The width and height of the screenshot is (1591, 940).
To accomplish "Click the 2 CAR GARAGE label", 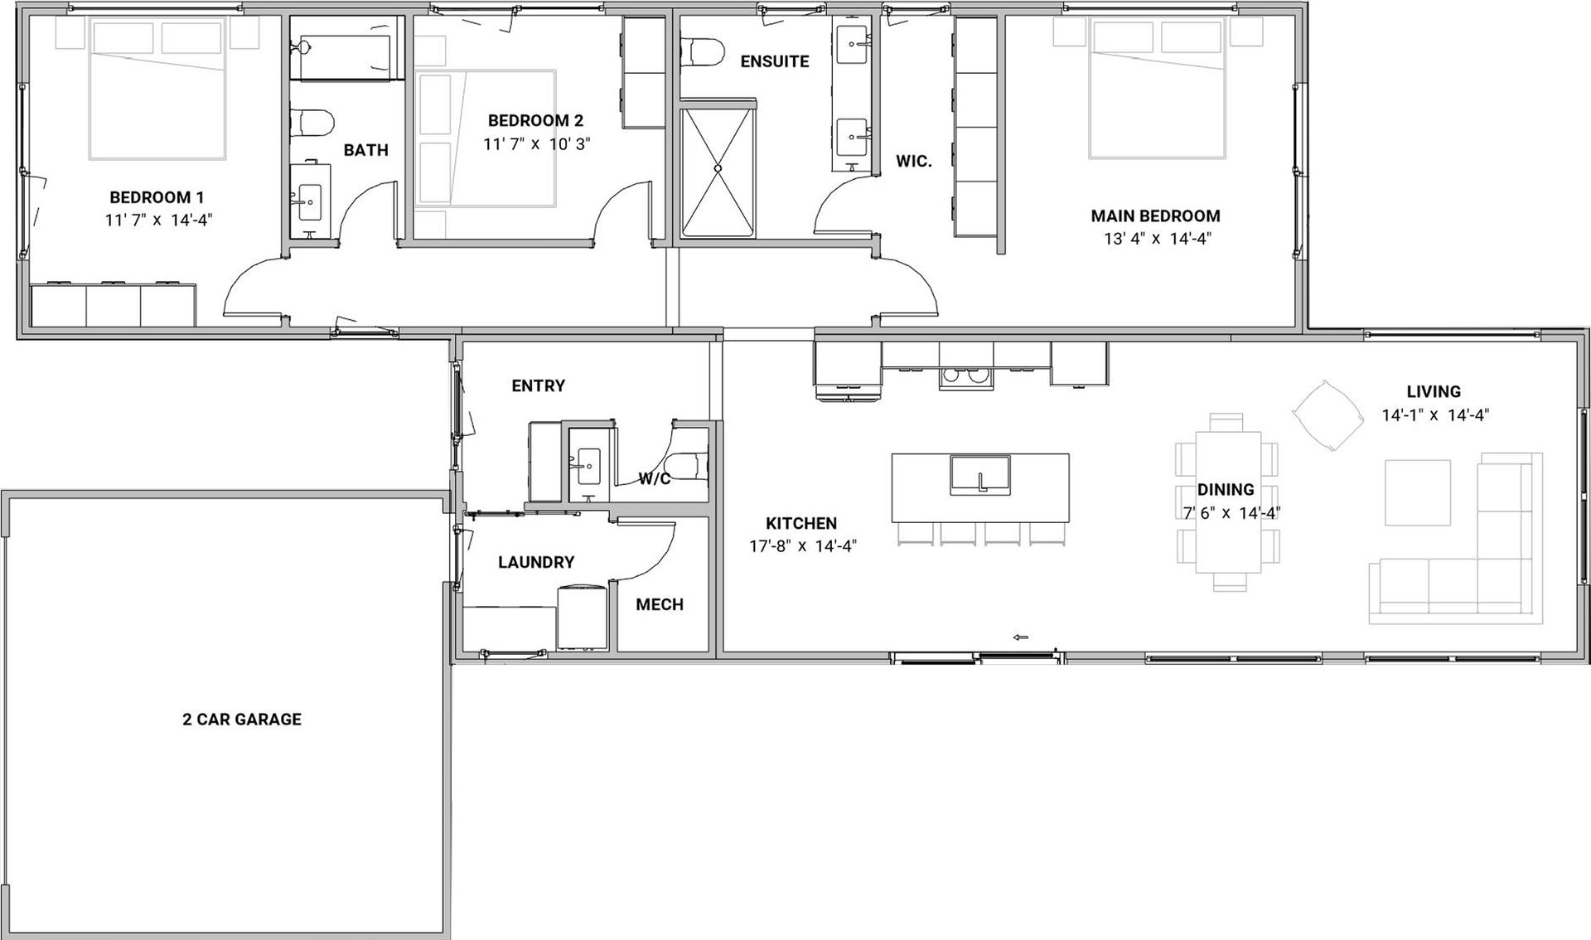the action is (242, 720).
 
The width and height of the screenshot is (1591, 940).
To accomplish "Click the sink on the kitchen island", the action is (980, 475).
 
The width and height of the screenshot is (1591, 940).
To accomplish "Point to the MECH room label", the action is (660, 605).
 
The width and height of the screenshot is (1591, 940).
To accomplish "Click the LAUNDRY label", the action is (536, 562).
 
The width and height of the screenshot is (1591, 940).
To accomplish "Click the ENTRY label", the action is (539, 385).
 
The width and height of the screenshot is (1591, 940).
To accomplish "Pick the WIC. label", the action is (914, 162).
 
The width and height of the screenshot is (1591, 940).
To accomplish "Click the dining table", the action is (1228, 503).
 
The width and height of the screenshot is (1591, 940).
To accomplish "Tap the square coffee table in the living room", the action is (1418, 492).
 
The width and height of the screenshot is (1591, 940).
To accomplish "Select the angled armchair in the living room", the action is (1328, 415).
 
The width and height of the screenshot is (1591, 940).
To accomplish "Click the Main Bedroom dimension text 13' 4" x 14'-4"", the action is (1156, 239).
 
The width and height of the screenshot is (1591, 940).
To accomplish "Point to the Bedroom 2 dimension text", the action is (537, 143).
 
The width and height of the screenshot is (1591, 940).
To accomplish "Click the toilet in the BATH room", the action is (312, 123).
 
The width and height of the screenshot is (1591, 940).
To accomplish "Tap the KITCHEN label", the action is (801, 523).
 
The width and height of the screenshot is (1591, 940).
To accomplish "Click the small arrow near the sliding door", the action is (1021, 637).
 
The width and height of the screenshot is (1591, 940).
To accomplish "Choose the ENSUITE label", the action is (775, 61).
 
